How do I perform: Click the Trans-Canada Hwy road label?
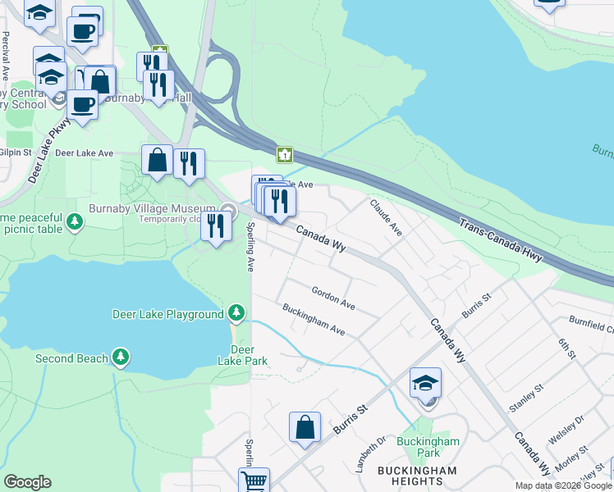[502, 240]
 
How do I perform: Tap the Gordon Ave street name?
[333, 298]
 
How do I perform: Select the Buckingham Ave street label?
[314, 320]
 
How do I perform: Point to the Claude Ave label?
[385, 217]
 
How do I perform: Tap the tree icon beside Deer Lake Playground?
[236, 313]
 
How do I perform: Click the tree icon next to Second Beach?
[121, 358]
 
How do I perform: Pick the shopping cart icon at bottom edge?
[254, 481]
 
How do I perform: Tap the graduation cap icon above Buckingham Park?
[425, 383]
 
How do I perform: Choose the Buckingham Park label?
[428, 446]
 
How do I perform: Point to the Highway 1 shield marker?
[284, 154]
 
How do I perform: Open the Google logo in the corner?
[27, 482]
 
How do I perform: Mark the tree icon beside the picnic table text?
[75, 221]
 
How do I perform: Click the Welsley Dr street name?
[566, 430]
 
